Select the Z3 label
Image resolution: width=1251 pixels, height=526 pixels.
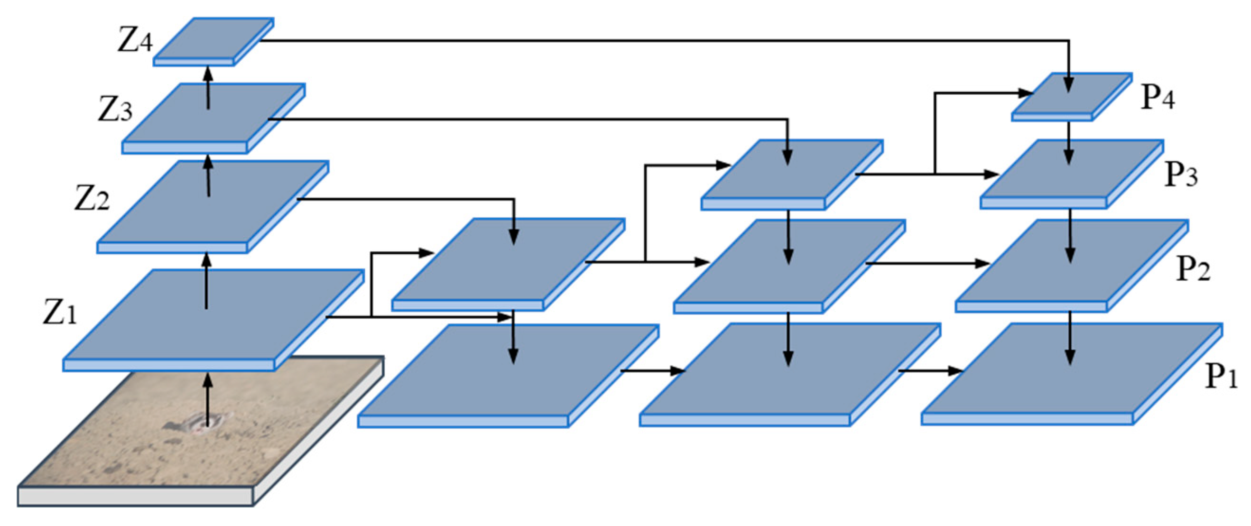pyautogui.click(x=115, y=110)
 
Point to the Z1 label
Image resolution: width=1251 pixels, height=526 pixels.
pyautogui.click(x=59, y=313)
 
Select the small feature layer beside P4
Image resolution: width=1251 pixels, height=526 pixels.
pyautogui.click(x=1071, y=97)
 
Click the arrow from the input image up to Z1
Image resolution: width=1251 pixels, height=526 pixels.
pyautogui.click(x=208, y=398)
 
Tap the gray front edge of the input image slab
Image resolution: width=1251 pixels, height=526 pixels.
pyautogui.click(x=136, y=497)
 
